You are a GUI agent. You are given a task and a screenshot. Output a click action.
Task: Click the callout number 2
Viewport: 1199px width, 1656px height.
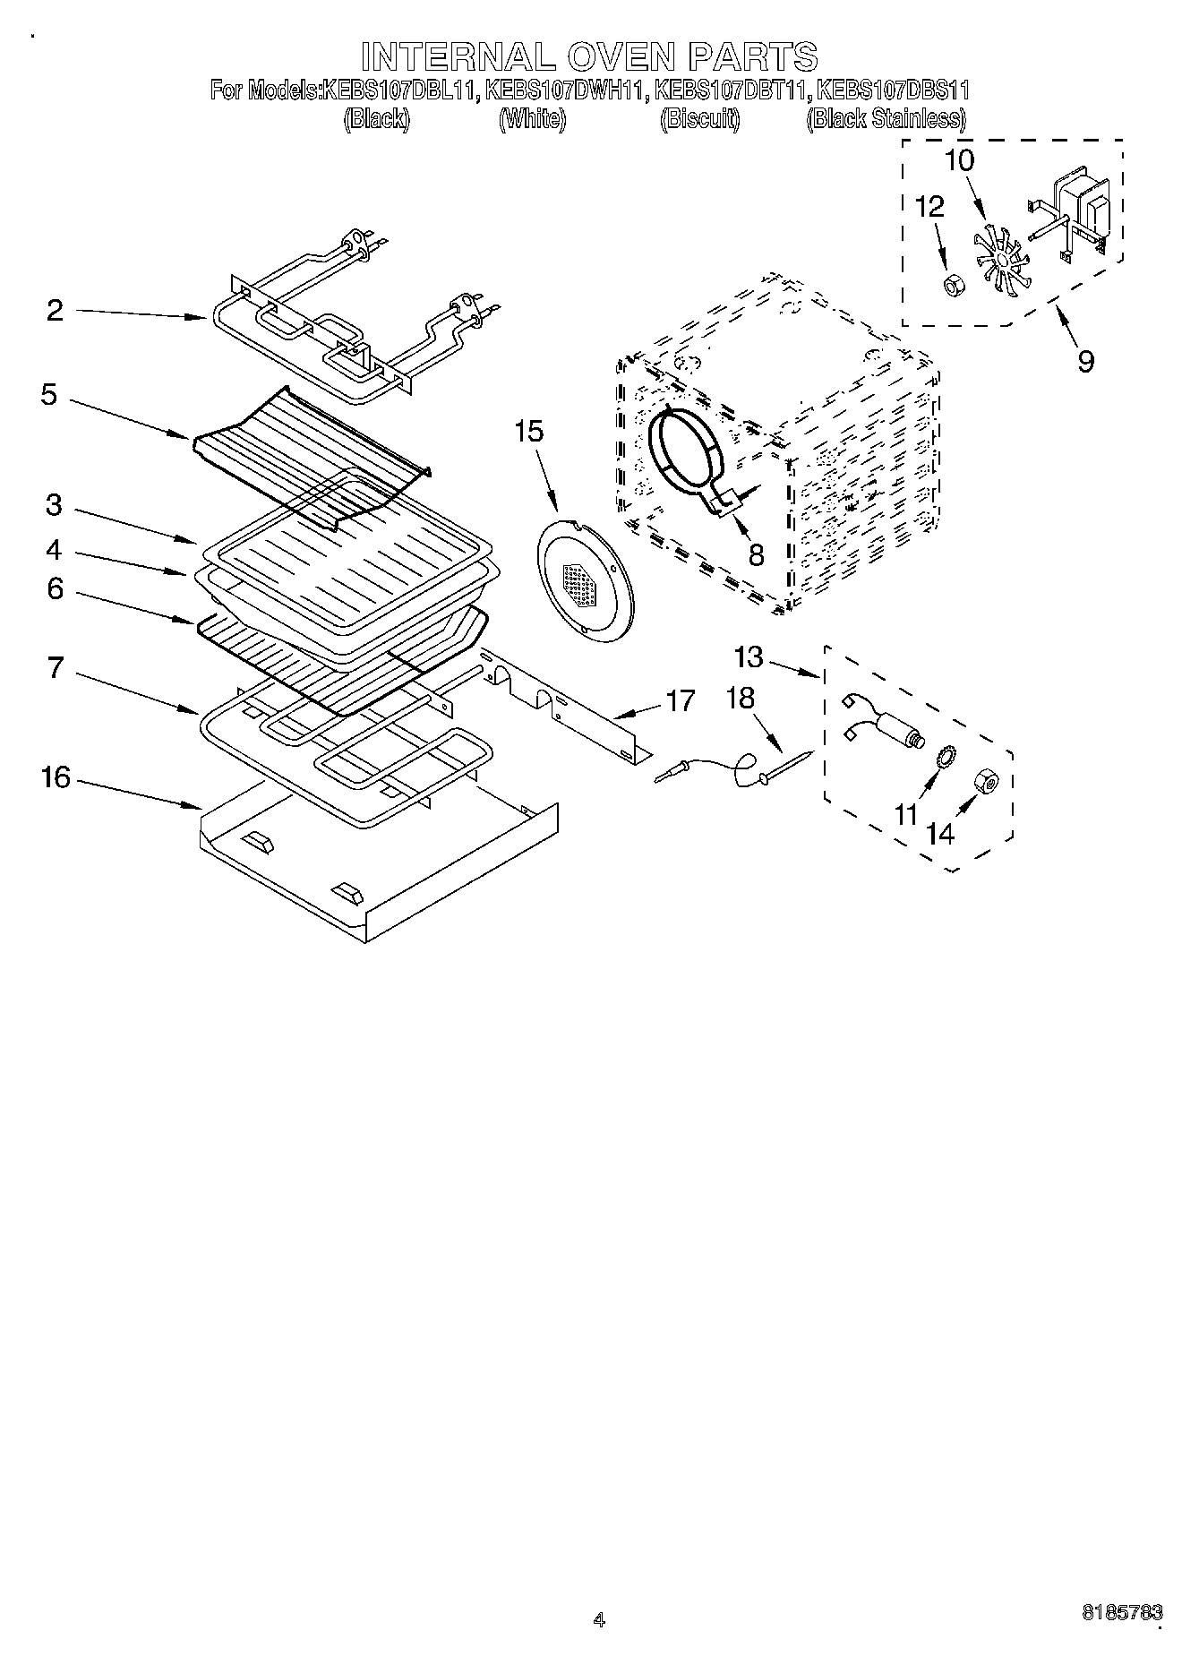click(56, 311)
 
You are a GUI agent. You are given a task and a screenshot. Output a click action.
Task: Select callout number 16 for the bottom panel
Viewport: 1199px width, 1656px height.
click(56, 777)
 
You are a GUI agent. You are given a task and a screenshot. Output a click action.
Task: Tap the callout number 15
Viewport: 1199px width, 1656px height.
click(528, 432)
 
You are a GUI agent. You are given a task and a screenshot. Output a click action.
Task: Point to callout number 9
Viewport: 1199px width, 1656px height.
click(1085, 362)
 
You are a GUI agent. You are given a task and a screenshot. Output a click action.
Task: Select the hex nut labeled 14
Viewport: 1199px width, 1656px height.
click(988, 783)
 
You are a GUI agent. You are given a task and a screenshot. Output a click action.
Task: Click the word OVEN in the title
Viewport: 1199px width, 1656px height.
click(618, 56)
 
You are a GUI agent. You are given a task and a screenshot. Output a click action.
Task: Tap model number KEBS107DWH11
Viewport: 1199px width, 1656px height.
click(565, 90)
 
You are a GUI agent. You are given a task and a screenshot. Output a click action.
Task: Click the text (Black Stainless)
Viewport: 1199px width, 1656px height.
click(886, 119)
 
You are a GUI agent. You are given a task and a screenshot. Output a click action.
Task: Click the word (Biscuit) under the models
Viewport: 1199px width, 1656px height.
click(699, 119)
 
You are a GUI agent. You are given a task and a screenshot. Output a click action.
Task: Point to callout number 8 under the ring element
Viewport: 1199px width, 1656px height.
click(756, 555)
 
